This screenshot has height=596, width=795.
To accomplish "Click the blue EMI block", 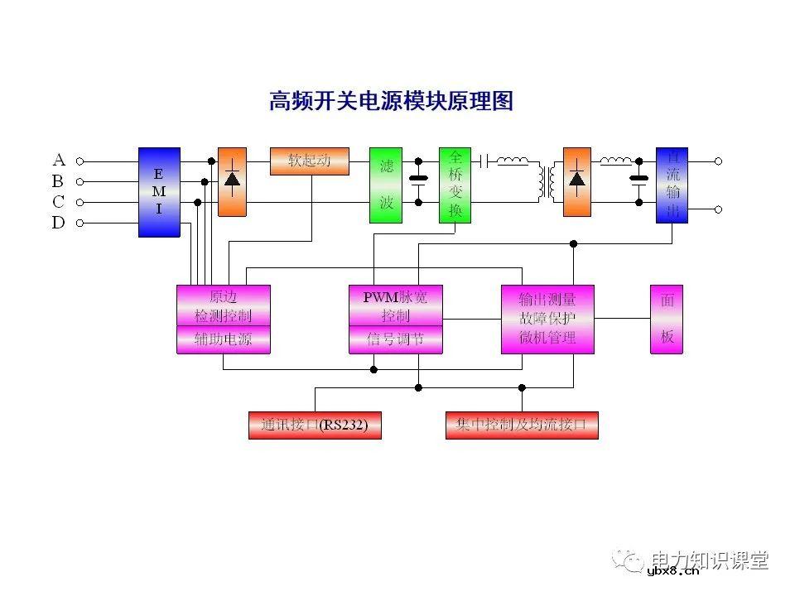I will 159,192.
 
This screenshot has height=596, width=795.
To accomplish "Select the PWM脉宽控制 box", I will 395,305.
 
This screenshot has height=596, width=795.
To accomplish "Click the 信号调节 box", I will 395,339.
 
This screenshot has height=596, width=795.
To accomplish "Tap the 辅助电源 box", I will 224,339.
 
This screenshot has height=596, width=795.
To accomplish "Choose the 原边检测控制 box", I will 224,305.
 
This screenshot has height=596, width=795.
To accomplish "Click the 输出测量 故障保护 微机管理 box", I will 547,320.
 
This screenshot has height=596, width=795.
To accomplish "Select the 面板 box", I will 667,320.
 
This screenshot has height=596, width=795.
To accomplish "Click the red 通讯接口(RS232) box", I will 315,425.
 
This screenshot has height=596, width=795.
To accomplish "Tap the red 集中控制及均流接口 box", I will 522,425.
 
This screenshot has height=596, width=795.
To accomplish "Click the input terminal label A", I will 59,160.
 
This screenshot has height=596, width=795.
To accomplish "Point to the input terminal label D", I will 59,223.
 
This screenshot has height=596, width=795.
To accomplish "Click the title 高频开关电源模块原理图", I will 392,101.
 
